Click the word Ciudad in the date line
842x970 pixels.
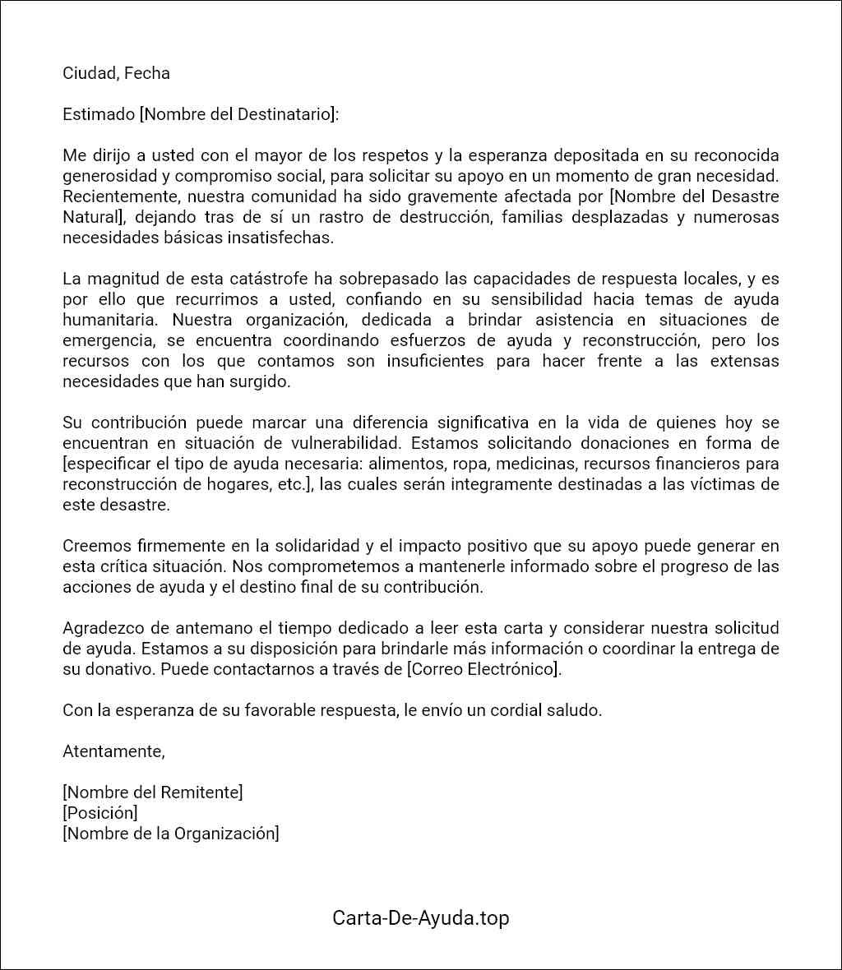pos(89,73)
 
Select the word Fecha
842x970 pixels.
pos(147,73)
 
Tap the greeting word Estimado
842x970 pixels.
pos(98,114)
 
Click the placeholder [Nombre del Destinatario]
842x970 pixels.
pos(239,114)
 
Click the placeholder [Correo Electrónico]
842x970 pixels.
pos(484,669)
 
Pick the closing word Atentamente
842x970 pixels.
pos(113,751)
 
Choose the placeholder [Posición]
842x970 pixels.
pos(100,813)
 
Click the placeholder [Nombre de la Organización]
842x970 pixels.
pos(171,834)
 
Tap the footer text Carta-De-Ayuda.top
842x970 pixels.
pos(421,918)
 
